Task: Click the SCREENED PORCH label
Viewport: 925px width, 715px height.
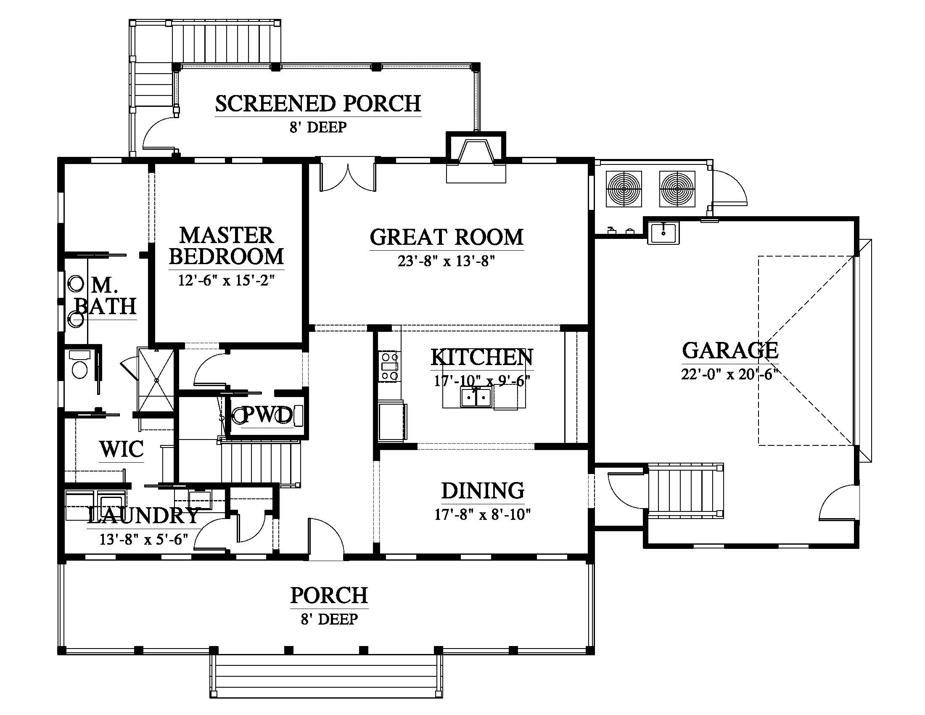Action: click(318, 104)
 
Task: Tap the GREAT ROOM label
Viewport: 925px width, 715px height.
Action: click(447, 237)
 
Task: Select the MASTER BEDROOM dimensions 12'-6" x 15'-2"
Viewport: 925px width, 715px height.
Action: click(227, 281)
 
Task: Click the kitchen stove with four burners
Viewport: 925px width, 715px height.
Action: click(390, 366)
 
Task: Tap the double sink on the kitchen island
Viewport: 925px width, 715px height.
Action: click(476, 397)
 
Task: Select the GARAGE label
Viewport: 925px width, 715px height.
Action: click(730, 350)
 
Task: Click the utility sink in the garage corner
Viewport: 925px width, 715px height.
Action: click(663, 233)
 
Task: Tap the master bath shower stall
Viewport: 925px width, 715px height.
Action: click(156, 379)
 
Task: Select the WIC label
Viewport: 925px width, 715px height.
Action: click(122, 449)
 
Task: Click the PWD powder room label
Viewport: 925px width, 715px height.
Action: click(267, 415)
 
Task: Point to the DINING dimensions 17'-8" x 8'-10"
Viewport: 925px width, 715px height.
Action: click(483, 515)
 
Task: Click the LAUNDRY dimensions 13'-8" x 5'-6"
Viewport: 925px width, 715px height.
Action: click(143, 539)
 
